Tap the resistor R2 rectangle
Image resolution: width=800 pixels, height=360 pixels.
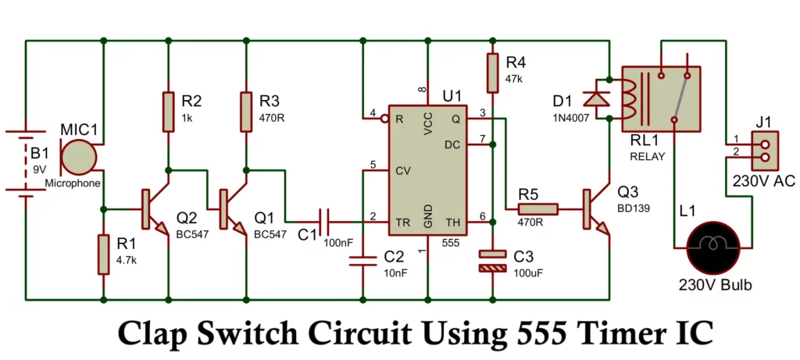point(168,111)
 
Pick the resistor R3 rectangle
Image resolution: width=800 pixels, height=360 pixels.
point(245,111)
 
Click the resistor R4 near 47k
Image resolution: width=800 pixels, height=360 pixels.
point(492,72)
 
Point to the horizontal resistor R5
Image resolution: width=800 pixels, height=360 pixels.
point(538,209)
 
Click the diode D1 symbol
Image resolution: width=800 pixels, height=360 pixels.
point(599,98)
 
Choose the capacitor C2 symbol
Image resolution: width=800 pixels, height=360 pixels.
point(362,259)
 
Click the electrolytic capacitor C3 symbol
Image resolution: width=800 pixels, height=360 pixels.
point(492,261)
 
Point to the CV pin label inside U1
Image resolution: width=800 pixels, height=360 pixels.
point(403,170)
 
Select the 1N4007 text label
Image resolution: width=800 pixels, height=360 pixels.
point(567,118)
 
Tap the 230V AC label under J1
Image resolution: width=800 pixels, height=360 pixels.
point(762,181)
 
